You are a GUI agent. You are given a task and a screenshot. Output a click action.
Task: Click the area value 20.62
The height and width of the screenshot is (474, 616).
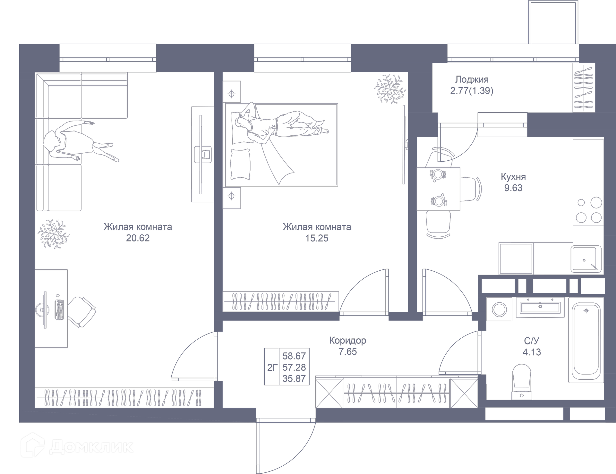[138, 238]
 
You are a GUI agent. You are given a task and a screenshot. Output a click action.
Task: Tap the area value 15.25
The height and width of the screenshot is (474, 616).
[317, 238]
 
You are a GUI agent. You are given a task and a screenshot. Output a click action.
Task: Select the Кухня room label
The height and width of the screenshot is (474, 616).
[513, 177]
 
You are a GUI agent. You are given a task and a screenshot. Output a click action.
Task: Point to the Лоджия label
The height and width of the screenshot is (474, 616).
[472, 80]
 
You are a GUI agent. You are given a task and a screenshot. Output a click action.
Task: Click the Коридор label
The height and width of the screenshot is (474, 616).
[347, 340]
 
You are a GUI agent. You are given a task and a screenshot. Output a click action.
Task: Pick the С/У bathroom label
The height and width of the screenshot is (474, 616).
[532, 341]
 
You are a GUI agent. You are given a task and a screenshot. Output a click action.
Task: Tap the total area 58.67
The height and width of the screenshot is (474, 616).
[294, 356]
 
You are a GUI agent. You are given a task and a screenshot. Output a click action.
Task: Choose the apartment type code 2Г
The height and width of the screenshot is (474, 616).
[272, 367]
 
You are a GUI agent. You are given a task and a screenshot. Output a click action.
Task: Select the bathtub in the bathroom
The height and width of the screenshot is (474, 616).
[586, 340]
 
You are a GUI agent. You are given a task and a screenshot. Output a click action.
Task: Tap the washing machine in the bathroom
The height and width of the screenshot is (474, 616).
[500, 310]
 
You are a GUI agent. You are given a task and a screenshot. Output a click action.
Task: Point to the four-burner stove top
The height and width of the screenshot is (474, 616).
[588, 210]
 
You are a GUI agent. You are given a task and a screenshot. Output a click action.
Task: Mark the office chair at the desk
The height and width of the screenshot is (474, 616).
[82, 311]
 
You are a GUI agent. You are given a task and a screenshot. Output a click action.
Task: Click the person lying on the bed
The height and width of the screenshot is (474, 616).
[279, 127]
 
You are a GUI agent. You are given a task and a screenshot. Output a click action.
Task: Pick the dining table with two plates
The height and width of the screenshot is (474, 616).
[438, 189]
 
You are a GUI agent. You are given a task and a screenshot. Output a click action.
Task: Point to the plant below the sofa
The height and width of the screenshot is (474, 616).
[53, 234]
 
